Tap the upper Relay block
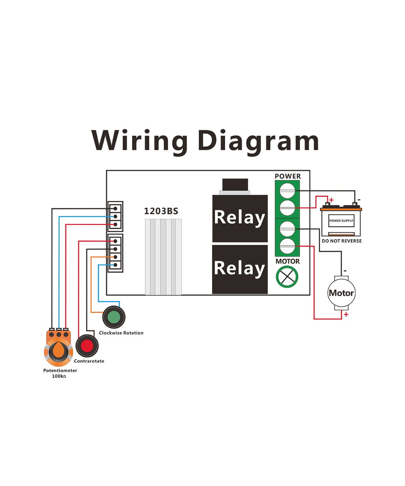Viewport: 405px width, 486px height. pos(240,218)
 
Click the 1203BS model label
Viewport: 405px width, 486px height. pos(161,211)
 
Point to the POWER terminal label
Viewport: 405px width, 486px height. pos(288,176)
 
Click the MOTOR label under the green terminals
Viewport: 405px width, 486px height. pos(288,261)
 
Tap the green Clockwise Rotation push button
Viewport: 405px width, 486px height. pos(114,318)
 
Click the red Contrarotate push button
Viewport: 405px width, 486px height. pos(87,346)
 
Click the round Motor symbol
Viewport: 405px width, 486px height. pos(341,293)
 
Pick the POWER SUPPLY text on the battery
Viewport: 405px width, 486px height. pos(341,221)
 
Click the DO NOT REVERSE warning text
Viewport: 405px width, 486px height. pos(341,241)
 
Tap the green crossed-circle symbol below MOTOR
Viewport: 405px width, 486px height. pos(287,277)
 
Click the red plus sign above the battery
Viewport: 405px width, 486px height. pos(331,200)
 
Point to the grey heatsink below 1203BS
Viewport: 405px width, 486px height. pos(163,257)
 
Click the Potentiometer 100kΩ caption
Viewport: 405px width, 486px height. pos(60,373)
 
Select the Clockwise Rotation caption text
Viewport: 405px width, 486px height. pos(121,333)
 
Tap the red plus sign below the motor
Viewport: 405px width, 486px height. pos(346,314)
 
